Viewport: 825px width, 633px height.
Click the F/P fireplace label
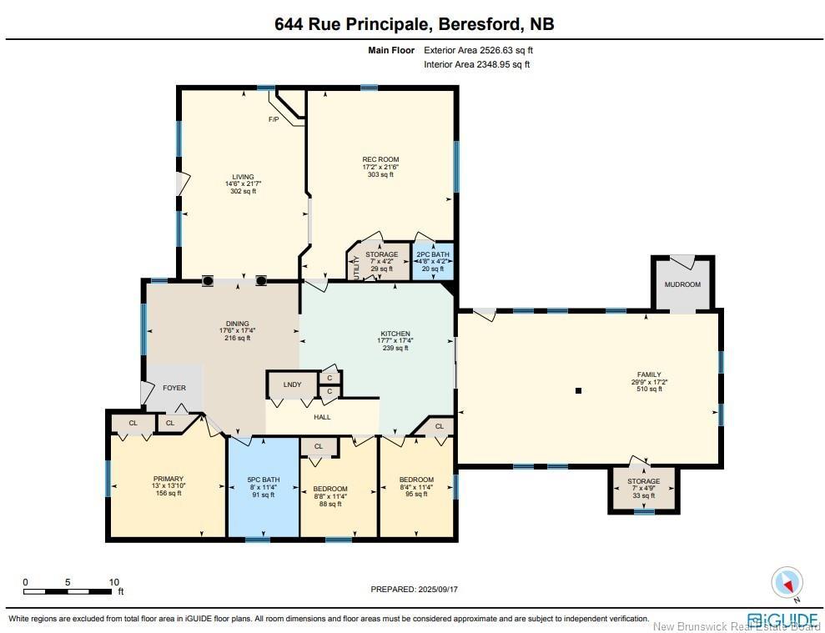274,119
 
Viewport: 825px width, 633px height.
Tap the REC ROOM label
380,159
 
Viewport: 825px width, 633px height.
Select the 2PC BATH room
432,261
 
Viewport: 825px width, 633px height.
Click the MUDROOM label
682,284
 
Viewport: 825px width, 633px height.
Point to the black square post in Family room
578,390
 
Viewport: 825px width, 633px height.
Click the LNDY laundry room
293,385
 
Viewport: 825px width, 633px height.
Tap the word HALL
322,417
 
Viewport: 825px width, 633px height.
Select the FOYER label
174,388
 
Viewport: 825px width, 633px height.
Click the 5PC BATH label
264,480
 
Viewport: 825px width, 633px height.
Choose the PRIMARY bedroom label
169,479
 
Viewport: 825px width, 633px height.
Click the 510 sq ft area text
649,389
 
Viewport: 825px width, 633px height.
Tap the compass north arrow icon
787,582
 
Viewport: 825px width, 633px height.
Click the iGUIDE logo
782,619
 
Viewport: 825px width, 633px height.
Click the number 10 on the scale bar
114,582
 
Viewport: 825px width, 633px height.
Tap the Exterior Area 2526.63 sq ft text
478,51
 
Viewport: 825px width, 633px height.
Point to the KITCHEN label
395,334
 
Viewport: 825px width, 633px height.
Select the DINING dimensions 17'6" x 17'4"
237,330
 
